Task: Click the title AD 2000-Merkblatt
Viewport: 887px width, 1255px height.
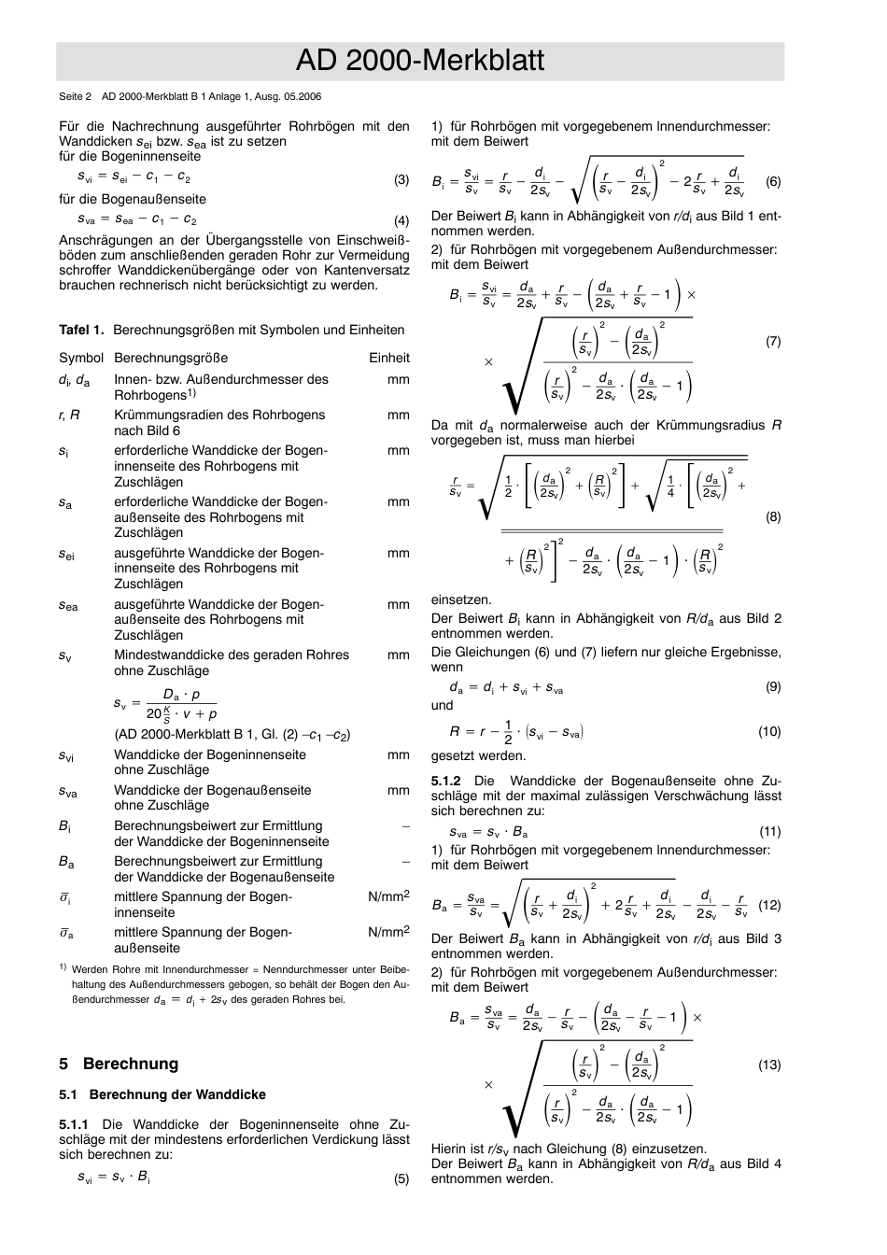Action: click(419, 62)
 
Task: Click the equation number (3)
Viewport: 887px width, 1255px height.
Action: click(401, 179)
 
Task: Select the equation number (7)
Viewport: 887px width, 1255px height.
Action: click(773, 342)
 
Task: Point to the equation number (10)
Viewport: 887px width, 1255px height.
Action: click(769, 732)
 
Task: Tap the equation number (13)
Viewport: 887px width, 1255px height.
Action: click(769, 1065)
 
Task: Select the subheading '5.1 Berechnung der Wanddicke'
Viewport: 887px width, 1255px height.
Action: click(162, 1094)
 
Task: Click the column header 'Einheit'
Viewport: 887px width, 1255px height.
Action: click(388, 358)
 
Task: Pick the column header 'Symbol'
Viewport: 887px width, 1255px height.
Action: click(81, 358)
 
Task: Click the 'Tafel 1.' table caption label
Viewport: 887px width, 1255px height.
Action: click(81, 330)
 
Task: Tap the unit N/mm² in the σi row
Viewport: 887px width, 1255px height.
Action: click(388, 896)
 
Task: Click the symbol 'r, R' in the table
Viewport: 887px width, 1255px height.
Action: click(69, 415)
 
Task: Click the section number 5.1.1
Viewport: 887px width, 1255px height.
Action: click(74, 1124)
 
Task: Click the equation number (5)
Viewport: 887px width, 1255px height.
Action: click(401, 1178)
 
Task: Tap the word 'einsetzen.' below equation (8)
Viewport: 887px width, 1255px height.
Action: click(461, 599)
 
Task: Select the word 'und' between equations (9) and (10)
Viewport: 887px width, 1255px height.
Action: click(442, 706)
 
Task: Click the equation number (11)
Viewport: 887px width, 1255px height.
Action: click(769, 831)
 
